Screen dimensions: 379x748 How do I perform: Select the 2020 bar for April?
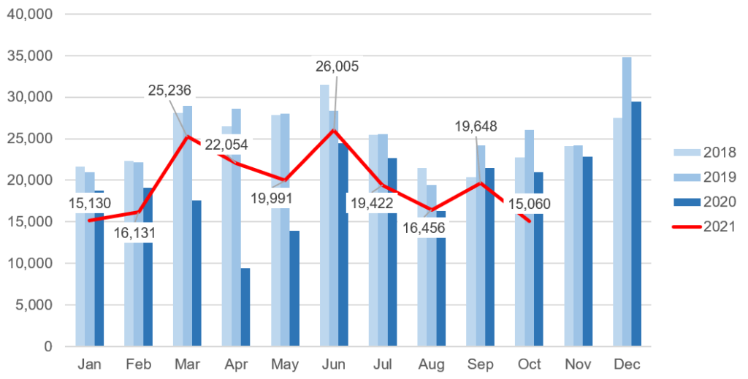(245, 307)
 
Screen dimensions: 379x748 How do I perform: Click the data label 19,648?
(476, 126)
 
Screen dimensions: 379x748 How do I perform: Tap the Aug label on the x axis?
(431, 364)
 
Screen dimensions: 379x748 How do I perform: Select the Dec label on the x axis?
(627, 364)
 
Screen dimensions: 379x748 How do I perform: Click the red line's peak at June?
(334, 130)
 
